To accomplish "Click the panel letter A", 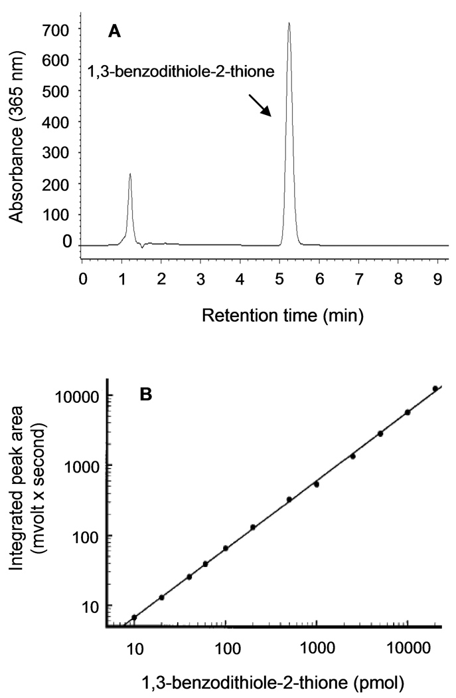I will coord(115,31).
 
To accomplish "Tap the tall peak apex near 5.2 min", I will coord(289,24).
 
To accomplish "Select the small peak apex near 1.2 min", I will coord(130,174).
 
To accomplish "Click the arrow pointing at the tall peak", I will coord(260,105).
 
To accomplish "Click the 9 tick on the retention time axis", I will coord(437,276).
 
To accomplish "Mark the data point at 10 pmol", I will coord(135,618).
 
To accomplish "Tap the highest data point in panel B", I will coord(435,388).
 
